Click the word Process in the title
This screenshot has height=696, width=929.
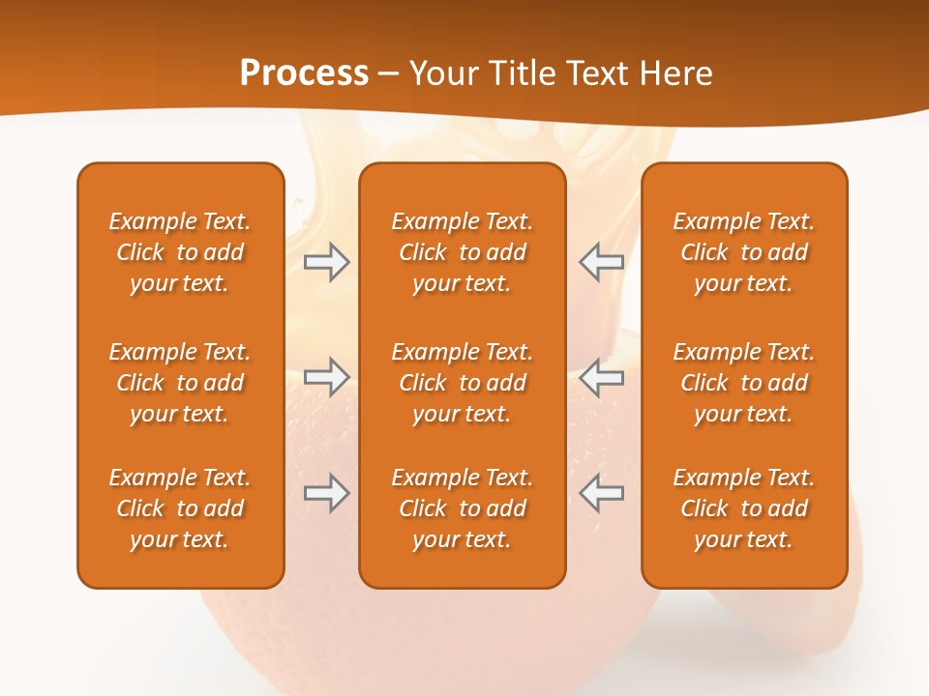coord(304,73)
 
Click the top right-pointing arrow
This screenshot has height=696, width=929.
coord(326,262)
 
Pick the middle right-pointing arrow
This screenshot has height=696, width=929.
coord(326,375)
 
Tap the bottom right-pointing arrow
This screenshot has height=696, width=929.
coord(326,493)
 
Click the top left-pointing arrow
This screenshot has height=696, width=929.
coord(601,262)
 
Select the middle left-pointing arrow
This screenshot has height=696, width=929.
coord(601,375)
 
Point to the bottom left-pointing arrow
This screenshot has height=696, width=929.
coord(601,493)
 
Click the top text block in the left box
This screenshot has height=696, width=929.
coord(180,252)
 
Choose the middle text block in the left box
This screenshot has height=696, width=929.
coord(180,383)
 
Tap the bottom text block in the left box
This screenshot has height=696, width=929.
coord(180,508)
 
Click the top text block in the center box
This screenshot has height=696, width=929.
coord(462,252)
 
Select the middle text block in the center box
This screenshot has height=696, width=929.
coord(462,383)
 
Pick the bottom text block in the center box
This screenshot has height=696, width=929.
coord(462,508)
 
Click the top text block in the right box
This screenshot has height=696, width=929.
coord(743,252)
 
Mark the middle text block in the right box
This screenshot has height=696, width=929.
coord(743,383)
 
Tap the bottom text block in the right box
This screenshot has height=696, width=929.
coord(743,508)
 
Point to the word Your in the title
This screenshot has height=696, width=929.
coord(444,73)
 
